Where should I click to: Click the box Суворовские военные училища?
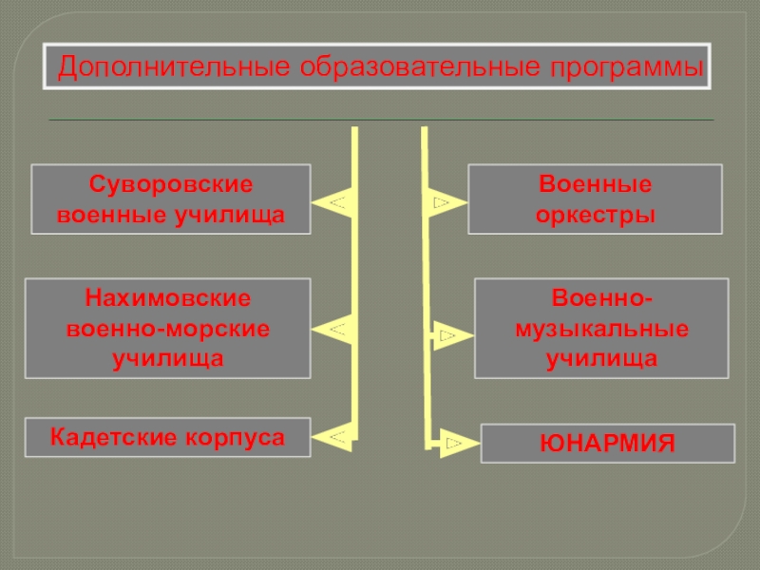pos(172,199)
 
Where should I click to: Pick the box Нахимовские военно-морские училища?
pos(168,328)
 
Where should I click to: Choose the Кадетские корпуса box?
pos(168,438)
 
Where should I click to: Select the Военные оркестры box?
pos(595,199)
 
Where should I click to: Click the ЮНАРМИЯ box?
pos(607,444)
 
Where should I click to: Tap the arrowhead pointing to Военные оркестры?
pos(444,202)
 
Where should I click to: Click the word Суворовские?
pos(171,182)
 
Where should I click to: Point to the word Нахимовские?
pos(168,297)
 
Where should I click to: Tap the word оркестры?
pos(595,216)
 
